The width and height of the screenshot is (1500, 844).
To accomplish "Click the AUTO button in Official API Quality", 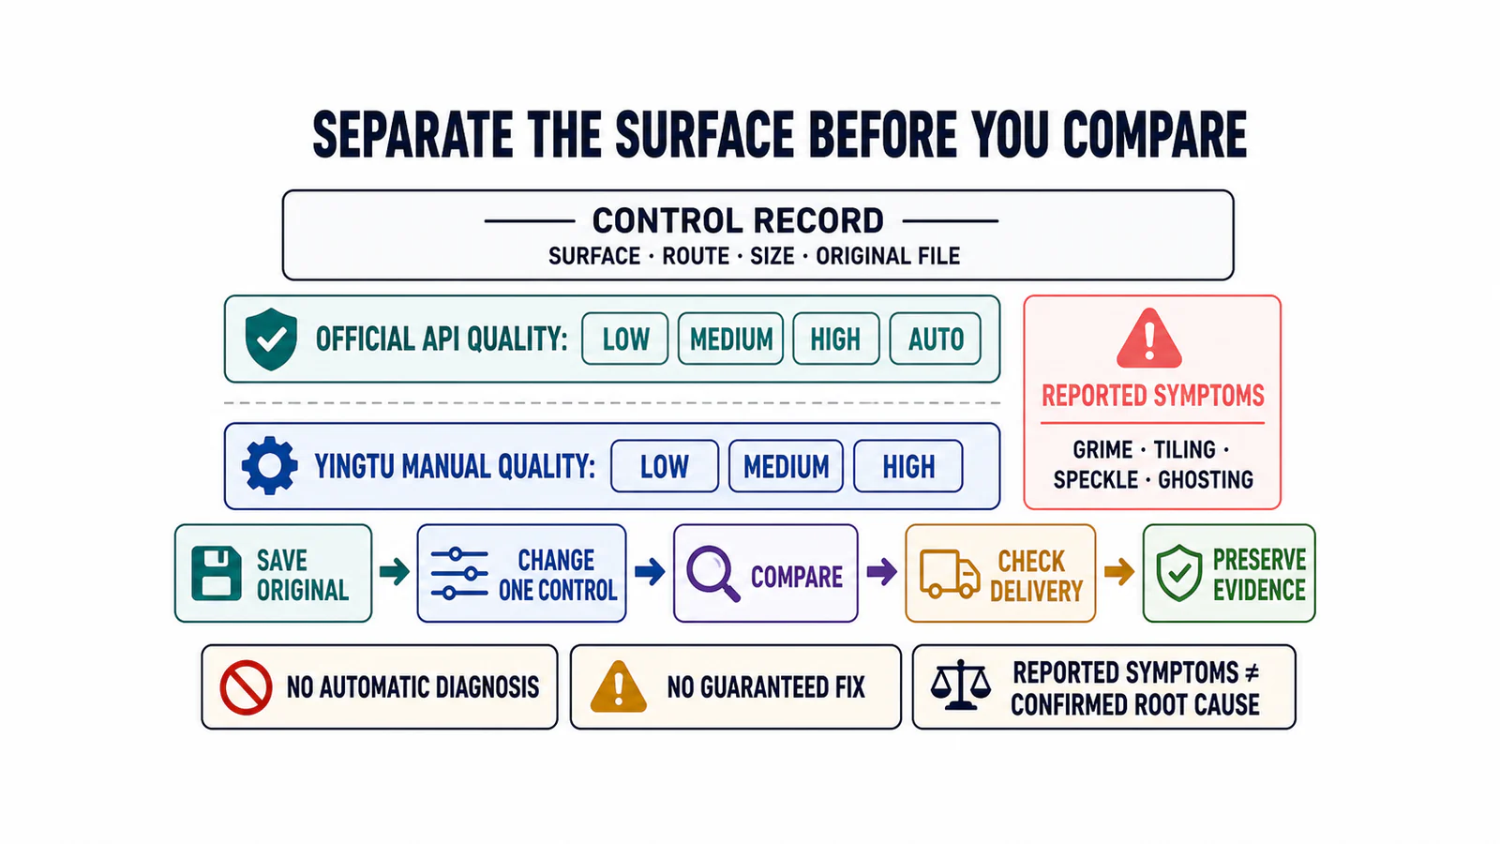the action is (935, 339).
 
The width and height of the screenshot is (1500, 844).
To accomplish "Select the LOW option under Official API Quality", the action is (624, 339).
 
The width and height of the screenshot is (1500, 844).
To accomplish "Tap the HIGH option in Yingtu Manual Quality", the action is (908, 466).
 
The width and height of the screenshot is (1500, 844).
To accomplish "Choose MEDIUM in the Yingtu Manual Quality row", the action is (786, 466).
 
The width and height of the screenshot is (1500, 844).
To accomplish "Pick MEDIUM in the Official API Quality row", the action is (730, 339).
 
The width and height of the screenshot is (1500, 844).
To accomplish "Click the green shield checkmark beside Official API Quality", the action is (271, 339).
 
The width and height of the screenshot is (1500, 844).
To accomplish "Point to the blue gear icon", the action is (269, 465).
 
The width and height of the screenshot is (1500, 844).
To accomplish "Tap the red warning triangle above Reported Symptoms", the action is (1149, 339).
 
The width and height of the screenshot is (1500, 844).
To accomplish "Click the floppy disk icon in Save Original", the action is (217, 573).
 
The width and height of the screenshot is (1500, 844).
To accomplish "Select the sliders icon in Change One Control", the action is (459, 573).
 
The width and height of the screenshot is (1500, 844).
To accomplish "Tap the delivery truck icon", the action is (950, 573).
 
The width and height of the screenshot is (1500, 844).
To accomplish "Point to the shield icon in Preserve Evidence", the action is (1179, 573).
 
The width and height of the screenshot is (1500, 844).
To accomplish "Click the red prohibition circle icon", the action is (246, 688).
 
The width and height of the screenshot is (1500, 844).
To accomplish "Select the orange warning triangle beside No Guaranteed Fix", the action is (619, 686).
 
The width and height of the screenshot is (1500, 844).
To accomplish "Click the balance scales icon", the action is (961, 686).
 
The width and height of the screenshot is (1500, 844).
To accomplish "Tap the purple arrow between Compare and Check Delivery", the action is (881, 572).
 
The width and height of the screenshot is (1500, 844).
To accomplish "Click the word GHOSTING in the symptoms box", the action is (1206, 480).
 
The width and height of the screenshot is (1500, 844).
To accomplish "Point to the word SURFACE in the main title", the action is (705, 135).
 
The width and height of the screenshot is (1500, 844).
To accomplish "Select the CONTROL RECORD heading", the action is (738, 221).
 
